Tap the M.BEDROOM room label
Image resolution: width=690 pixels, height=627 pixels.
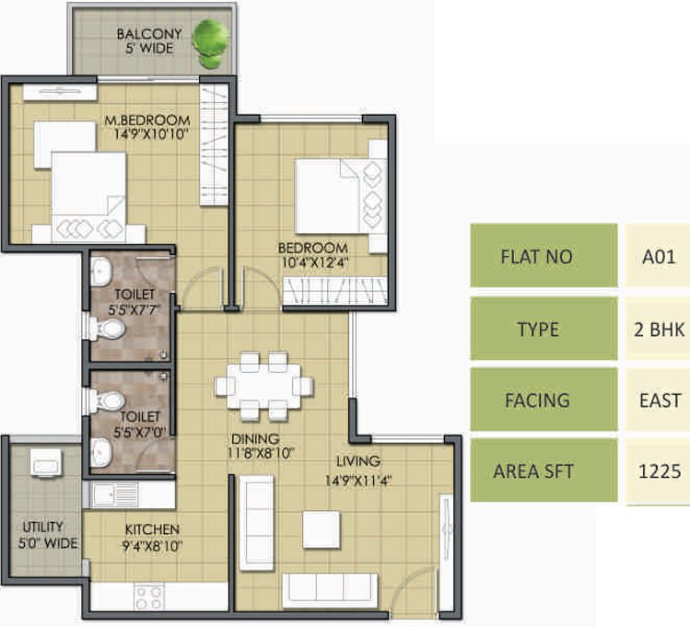click(x=146, y=121)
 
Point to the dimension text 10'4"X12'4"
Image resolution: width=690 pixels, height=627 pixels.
click(x=314, y=262)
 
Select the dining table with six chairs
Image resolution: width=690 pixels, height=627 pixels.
click(x=258, y=385)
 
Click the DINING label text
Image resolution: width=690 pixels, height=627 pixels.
click(x=256, y=439)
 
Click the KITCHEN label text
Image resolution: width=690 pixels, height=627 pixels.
click(x=152, y=529)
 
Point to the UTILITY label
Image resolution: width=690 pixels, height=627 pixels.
click(x=42, y=527)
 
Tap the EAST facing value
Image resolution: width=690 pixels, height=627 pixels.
click(x=660, y=401)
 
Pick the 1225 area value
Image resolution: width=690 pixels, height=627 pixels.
click(x=660, y=471)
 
